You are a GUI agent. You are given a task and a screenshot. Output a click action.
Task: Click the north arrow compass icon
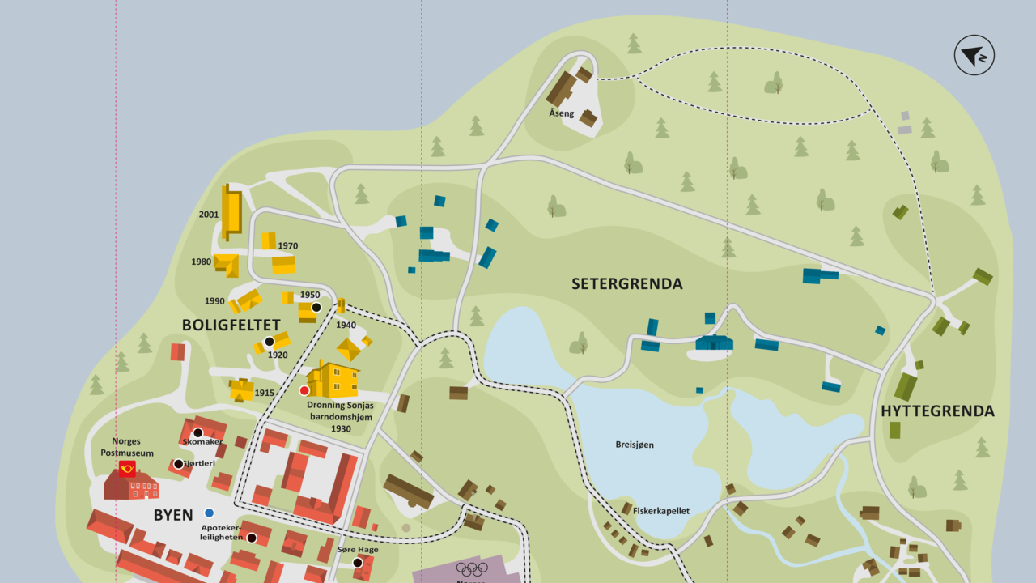pyautogui.click(x=974, y=55)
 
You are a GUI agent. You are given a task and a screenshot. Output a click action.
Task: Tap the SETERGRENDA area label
pyautogui.click(x=626, y=284)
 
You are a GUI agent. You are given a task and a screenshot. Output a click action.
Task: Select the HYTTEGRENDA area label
pyautogui.click(x=937, y=411)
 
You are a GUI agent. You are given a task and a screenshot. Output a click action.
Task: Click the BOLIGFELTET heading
pyautogui.click(x=231, y=325)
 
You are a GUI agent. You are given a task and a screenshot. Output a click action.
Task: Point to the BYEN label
pyautogui.click(x=173, y=515)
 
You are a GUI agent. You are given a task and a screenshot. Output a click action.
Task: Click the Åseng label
pyautogui.click(x=561, y=113)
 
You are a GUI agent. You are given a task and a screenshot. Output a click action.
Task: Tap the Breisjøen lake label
pyautogui.click(x=635, y=445)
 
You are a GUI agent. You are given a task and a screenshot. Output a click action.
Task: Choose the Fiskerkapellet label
pyautogui.click(x=661, y=511)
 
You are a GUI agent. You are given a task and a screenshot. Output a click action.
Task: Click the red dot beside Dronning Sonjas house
pyautogui.click(x=304, y=390)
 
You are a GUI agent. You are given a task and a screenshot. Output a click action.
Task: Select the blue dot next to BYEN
pyautogui.click(x=209, y=513)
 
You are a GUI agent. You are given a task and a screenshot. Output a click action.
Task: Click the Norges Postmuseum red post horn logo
pyautogui.click(x=127, y=468)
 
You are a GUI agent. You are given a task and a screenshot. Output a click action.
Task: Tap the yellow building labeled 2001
pyautogui.click(x=232, y=212)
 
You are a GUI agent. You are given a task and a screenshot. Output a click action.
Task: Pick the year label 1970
pyautogui.click(x=288, y=246)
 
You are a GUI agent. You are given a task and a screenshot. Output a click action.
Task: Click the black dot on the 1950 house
pyautogui.click(x=316, y=307)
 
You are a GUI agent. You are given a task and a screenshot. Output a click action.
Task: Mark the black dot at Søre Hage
pyautogui.click(x=357, y=563)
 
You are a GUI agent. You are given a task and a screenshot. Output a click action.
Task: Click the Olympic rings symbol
pyautogui.click(x=472, y=569)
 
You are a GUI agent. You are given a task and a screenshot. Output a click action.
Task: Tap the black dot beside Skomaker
pyautogui.click(x=197, y=432)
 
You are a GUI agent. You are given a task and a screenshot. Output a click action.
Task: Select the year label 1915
pyautogui.click(x=265, y=393)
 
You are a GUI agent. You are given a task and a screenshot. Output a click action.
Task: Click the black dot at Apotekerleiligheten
pyautogui.click(x=251, y=538)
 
